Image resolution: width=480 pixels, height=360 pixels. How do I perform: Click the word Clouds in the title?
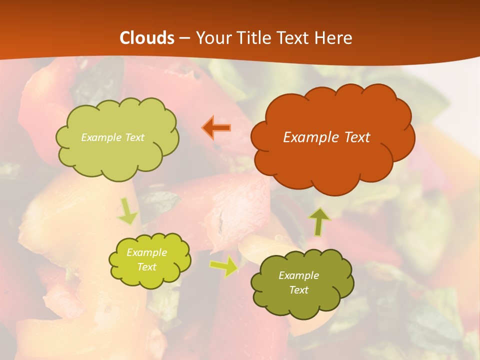[147, 38]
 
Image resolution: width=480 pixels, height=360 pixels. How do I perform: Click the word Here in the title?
[333, 38]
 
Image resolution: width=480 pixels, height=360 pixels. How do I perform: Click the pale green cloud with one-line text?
[117, 155]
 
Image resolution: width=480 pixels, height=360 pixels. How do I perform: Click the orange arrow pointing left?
[216, 127]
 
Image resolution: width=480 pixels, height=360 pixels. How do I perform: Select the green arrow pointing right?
[223, 266]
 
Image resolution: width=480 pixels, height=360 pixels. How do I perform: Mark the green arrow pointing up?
[319, 221]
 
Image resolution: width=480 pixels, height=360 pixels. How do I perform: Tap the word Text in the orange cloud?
[355, 137]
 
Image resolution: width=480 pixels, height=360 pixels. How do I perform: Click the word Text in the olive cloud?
[298, 290]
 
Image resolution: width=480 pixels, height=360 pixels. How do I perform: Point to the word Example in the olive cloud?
[298, 275]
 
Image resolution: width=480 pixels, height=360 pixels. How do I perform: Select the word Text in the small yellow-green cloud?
[146, 267]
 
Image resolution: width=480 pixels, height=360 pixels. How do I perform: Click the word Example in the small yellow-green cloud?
[146, 252]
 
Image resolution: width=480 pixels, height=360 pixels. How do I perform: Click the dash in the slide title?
[184, 38]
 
